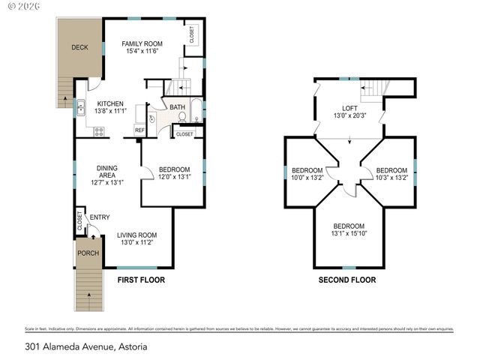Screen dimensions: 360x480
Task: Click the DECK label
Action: pyautogui.click(x=79, y=47)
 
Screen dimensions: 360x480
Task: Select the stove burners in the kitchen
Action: pyautogui.click(x=98, y=131)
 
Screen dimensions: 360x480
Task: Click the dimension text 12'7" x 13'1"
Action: pyautogui.click(x=106, y=182)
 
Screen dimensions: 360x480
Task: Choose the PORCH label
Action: pyautogui.click(x=88, y=253)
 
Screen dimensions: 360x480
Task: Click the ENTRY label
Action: pyautogui.click(x=99, y=217)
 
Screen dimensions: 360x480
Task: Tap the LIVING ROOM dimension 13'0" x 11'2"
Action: pyautogui.click(x=138, y=242)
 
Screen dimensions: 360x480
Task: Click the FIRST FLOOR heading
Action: pyautogui.click(x=140, y=280)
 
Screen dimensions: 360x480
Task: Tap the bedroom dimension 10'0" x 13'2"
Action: pyautogui.click(x=307, y=178)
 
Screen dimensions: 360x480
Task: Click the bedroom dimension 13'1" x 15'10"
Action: pyautogui.click(x=349, y=233)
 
